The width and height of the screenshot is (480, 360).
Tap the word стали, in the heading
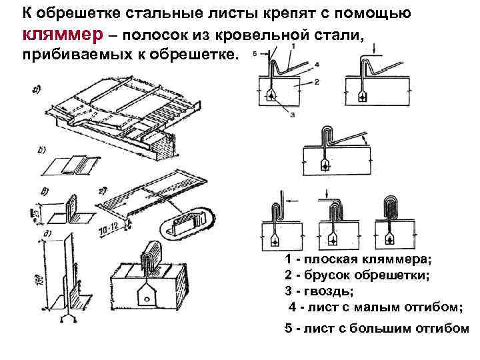(x=340, y=35)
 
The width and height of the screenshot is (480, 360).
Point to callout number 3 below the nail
(x=292, y=114)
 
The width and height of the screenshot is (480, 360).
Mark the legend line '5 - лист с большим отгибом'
(x=377, y=329)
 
